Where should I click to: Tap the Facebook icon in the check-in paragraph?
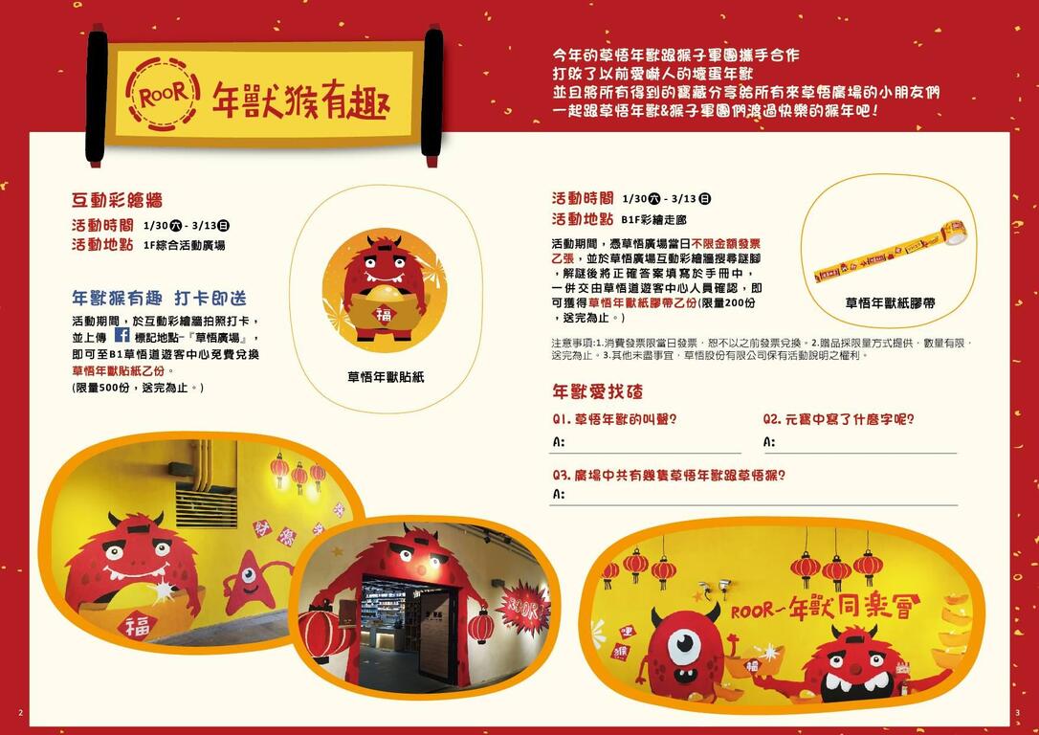122,336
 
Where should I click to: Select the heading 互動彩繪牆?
117,200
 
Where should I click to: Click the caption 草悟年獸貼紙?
385,377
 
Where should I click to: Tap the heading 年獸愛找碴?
597,391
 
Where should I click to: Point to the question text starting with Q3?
675,475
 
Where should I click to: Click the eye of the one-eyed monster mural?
683,645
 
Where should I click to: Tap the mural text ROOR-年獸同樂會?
825,607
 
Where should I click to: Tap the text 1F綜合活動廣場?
184,245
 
